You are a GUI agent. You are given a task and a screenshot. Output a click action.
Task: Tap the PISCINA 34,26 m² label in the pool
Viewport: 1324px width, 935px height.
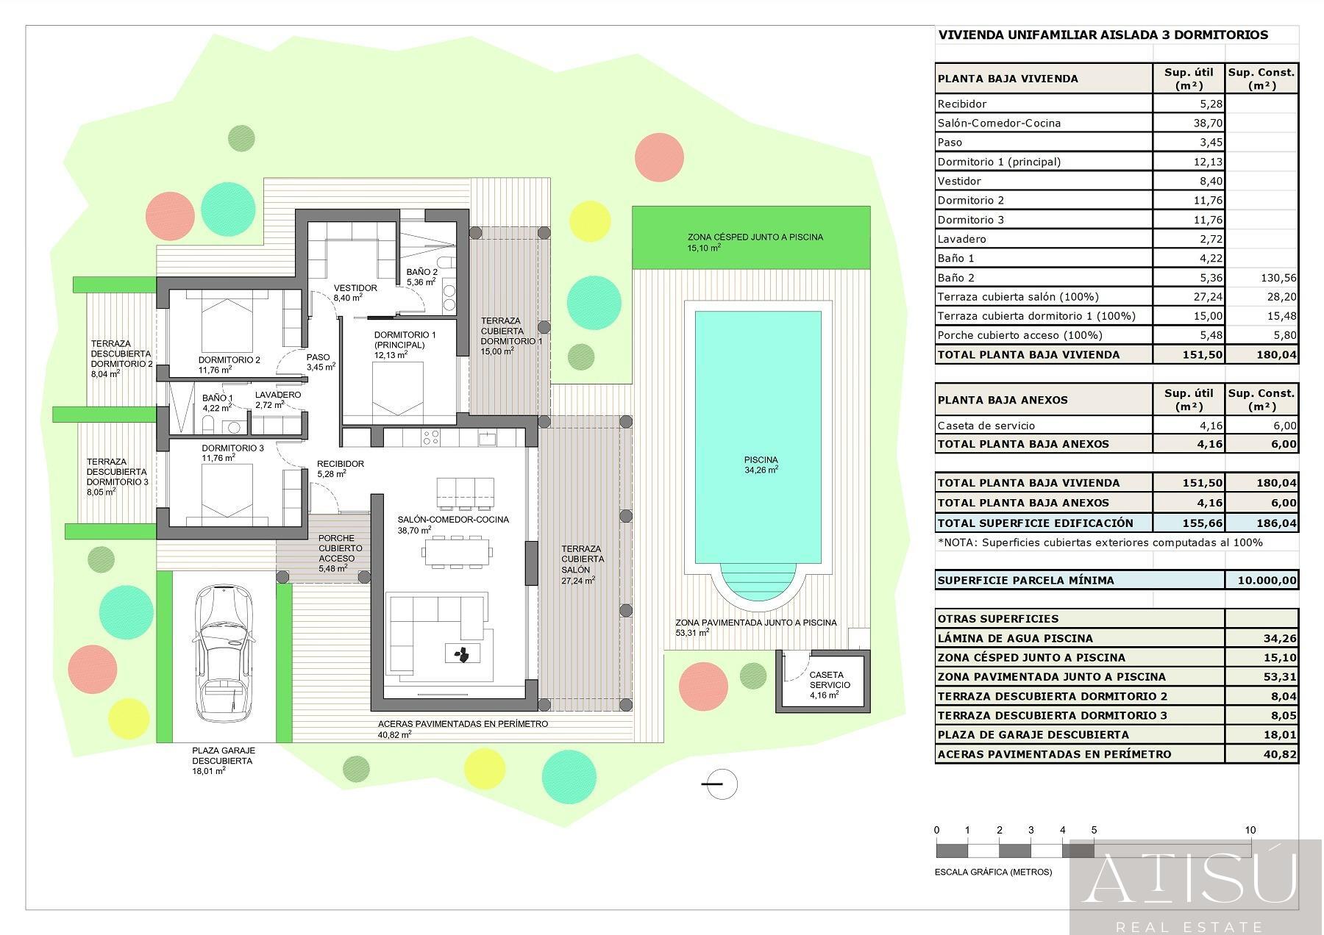(761, 465)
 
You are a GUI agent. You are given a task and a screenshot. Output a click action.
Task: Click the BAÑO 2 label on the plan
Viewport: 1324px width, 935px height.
(422, 276)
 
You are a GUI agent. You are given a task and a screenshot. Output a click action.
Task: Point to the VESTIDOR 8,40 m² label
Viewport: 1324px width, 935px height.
(355, 293)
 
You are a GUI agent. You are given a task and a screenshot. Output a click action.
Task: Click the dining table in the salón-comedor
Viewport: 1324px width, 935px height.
(456, 551)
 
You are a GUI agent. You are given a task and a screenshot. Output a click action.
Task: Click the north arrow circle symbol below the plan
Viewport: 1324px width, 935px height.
(721, 784)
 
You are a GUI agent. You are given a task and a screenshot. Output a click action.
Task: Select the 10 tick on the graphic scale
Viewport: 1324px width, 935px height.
(1250, 831)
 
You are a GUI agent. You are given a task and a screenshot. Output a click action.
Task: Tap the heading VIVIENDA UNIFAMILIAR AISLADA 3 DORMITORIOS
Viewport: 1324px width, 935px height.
(1102, 35)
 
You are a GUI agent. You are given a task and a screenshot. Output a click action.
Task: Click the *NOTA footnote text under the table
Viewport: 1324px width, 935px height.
(1100, 542)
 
